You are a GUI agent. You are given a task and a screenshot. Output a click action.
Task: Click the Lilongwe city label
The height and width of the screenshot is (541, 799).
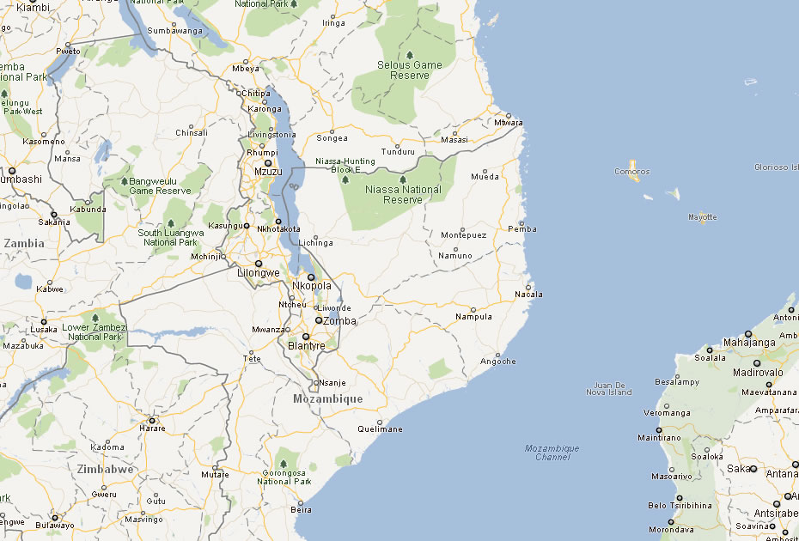pos(259,273)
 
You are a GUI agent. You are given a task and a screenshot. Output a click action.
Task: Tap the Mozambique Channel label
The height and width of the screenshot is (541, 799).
pos(552,453)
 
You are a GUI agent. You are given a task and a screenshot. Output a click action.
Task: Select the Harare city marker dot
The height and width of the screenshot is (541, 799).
pos(151,419)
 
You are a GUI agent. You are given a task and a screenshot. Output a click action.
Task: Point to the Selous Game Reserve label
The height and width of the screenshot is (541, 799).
pos(410,70)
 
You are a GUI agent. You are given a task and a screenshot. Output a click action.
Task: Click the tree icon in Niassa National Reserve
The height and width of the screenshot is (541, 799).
pos(402,179)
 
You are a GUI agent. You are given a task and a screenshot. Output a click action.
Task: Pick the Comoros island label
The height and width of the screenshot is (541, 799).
pos(632,172)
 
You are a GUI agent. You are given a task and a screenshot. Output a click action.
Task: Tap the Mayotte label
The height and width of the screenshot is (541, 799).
pos(703,217)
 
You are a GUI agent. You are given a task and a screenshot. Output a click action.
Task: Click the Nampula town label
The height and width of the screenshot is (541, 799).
pos(473,317)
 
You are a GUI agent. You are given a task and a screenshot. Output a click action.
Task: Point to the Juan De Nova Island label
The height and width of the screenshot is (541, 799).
pos(608,388)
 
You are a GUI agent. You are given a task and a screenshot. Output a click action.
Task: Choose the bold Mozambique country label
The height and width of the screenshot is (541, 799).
pos(327,399)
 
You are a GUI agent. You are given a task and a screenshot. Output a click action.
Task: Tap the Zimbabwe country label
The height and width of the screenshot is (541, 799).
pos(105,470)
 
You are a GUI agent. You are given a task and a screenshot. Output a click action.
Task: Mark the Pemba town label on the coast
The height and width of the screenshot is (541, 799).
pos(522,229)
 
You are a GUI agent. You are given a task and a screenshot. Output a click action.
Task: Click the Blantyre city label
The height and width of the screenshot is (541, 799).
pos(307,346)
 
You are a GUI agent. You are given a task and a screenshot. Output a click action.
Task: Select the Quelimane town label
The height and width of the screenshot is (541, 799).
pos(380,429)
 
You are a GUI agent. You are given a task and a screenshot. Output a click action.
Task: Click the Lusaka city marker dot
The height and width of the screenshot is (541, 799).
pos(44,322)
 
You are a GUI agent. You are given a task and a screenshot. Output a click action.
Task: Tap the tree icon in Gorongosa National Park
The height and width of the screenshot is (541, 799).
pos(283,463)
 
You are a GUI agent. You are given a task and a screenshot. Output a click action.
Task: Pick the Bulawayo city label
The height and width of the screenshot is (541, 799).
pos(54,525)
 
